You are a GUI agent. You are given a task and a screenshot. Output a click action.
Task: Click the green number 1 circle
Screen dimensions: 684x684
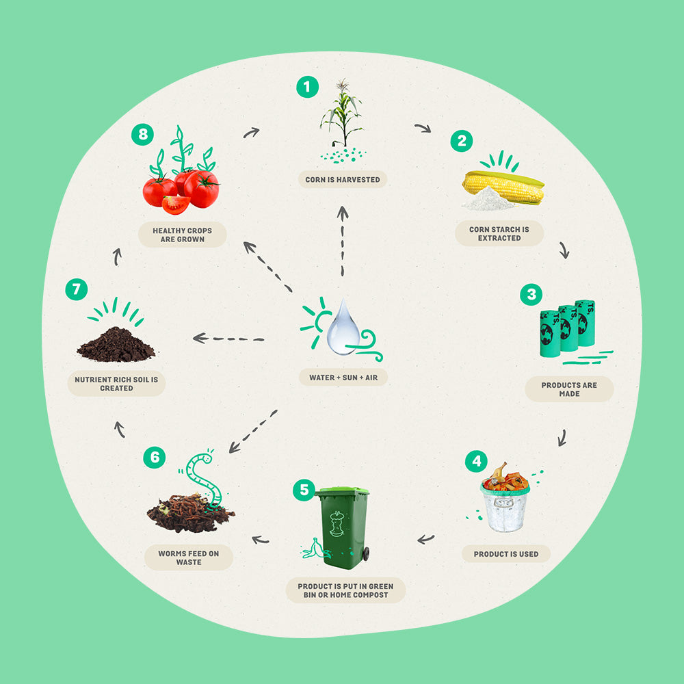pyautogui.click(x=308, y=87)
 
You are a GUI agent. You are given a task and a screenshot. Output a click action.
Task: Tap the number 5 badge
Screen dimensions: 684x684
pyautogui.click(x=304, y=490)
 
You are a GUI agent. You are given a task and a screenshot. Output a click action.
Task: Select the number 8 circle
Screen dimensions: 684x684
pyautogui.click(x=143, y=134)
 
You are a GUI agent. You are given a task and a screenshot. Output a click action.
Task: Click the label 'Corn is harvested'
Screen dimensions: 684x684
pyautogui.click(x=343, y=179)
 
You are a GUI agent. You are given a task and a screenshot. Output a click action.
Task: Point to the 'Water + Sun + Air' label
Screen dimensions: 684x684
pyautogui.click(x=343, y=378)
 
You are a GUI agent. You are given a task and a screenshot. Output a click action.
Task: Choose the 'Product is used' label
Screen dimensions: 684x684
pyautogui.click(x=506, y=553)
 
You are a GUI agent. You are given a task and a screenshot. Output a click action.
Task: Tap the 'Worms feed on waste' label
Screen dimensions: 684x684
pyautogui.click(x=189, y=557)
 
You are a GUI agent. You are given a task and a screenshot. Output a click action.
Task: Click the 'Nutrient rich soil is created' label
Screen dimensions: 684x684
pyautogui.click(x=116, y=384)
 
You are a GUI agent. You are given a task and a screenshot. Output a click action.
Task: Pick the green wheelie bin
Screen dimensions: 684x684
pyautogui.click(x=343, y=528)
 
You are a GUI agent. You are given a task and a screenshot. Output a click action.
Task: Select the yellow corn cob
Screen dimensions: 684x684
pyautogui.click(x=504, y=187)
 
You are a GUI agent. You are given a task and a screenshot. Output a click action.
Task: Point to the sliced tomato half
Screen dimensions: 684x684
pyautogui.click(x=176, y=205)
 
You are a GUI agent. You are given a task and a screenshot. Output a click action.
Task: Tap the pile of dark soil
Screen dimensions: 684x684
pyautogui.click(x=116, y=345)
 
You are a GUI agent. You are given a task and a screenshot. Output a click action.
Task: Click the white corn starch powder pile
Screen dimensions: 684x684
pyautogui.click(x=488, y=199)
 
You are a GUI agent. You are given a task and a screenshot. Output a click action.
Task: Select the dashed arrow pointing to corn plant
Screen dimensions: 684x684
pyautogui.click(x=343, y=241)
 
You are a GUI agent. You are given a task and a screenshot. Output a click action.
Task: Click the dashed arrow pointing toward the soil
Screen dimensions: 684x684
pyautogui.click(x=228, y=338)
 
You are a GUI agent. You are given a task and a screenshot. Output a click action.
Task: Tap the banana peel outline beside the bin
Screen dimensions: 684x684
pyautogui.click(x=315, y=549)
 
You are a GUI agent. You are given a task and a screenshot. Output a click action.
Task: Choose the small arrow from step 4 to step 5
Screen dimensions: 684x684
pyautogui.click(x=425, y=539)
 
